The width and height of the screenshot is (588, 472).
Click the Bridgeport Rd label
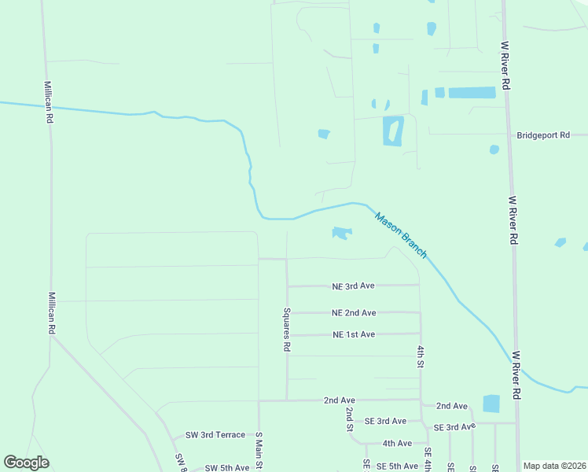tap(542, 135)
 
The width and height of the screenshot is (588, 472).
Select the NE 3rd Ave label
tap(354, 286)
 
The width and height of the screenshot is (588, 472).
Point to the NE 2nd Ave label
tap(354, 313)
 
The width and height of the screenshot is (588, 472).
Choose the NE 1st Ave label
tap(354, 335)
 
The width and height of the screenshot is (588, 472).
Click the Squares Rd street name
tap(288, 329)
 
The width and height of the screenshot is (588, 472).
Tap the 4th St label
tap(421, 356)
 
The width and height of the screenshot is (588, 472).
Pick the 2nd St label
tap(349, 419)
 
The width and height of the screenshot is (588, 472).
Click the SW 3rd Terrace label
tap(215, 435)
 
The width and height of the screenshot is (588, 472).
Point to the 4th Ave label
tap(397, 444)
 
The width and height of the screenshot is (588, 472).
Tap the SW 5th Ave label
tap(227, 468)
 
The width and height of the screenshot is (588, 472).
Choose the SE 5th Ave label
tap(397, 466)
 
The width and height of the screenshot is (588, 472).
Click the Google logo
tap(26, 463)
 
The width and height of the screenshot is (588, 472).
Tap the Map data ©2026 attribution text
tap(553, 466)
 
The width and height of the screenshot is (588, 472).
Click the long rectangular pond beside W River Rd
tap(472, 93)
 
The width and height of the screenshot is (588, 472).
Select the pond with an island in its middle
tap(392, 131)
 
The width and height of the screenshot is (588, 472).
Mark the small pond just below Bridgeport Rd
tap(494, 149)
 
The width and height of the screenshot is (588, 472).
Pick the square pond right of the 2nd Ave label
tap(491, 404)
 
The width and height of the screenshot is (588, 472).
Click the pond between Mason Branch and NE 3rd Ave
tap(341, 233)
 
